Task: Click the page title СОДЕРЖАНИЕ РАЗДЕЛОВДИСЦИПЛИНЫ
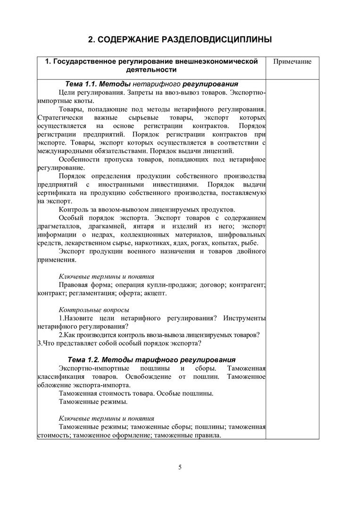tap(180, 40)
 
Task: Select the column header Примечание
tap(293, 62)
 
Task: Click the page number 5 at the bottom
tap(180, 467)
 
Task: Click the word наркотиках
tap(174, 243)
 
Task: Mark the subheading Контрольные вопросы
tap(94, 310)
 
